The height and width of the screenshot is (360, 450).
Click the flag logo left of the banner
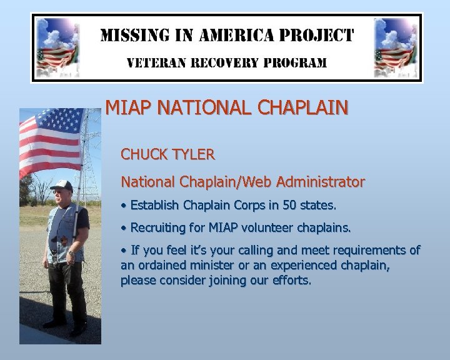click(57, 47)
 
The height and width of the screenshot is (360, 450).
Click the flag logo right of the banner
click(396, 47)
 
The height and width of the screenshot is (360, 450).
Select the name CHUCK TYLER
click(167, 154)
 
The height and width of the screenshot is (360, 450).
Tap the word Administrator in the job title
click(322, 182)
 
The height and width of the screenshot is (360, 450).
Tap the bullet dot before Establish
click(124, 206)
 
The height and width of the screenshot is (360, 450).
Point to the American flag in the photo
click(50, 141)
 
